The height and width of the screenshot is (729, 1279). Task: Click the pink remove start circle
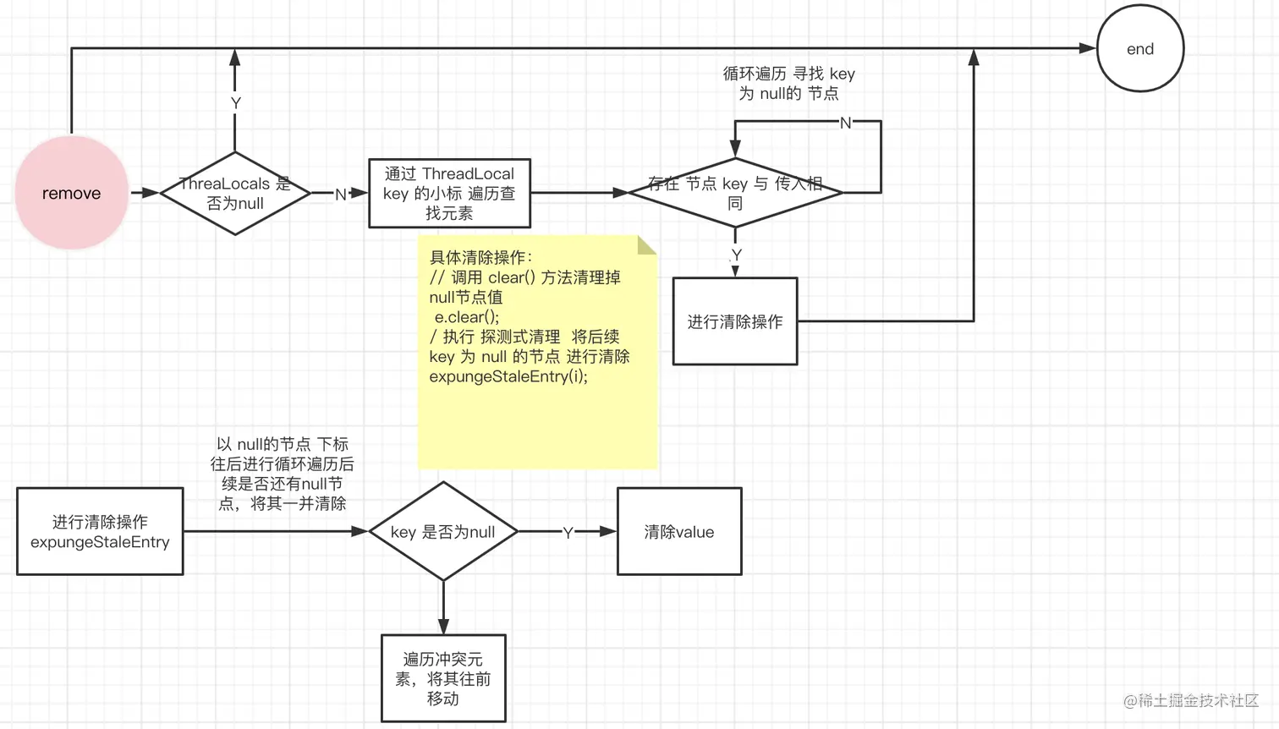[x=71, y=193]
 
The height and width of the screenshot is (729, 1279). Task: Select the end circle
[x=1139, y=49]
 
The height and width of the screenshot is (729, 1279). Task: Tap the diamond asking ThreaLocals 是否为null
[x=235, y=194]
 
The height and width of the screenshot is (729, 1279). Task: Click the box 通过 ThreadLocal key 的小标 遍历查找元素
[x=449, y=194]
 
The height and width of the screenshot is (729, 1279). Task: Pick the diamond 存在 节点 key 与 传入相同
[x=735, y=193]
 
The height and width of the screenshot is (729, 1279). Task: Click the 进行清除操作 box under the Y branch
[x=734, y=321]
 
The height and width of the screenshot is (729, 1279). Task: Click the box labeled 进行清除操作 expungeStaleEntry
[x=100, y=531]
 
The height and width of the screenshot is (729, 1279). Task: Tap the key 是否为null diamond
[x=442, y=532]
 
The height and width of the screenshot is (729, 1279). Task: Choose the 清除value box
[x=679, y=532]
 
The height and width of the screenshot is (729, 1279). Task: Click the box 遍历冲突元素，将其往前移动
[x=443, y=678]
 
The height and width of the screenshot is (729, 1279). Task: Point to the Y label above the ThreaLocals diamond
[x=236, y=103]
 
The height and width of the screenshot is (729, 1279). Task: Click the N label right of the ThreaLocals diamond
[x=340, y=195]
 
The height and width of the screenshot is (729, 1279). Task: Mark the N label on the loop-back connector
[x=845, y=123]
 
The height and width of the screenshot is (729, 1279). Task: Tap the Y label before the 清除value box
[x=568, y=533]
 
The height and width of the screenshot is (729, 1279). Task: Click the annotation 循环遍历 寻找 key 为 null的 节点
[x=788, y=84]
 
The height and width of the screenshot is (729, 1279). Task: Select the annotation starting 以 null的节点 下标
[x=282, y=474]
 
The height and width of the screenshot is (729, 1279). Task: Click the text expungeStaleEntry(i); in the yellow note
[x=508, y=376]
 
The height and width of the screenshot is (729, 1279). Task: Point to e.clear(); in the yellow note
[x=467, y=317]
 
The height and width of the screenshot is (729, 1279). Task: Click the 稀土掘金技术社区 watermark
[x=1191, y=700]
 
